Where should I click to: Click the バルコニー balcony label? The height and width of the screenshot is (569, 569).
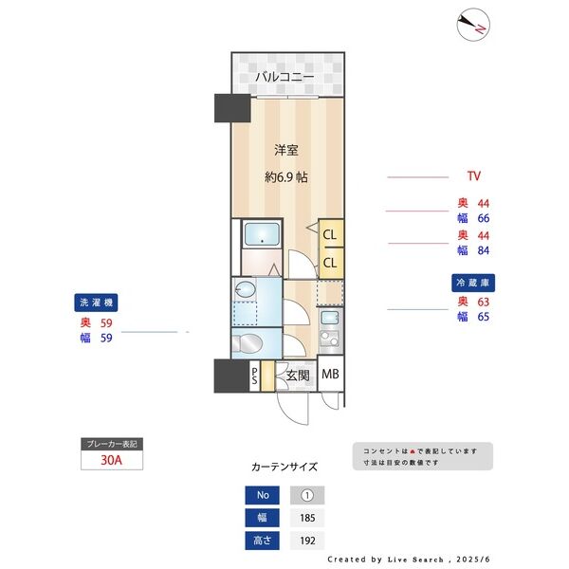pos(284,77)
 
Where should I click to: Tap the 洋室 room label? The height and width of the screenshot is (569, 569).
pos(287,150)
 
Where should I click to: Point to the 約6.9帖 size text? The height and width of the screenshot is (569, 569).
pos(284,177)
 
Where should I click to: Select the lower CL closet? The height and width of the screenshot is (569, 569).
pos(330,262)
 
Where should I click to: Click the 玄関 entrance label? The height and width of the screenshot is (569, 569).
pos(298,376)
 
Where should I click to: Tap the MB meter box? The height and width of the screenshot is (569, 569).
pos(330,375)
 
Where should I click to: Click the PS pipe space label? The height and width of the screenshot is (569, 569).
pos(254,376)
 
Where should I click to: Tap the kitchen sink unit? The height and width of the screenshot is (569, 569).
pos(330,327)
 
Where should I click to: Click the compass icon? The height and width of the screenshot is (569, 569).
pos(472,25)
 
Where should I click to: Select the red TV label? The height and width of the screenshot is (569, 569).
pos(474,176)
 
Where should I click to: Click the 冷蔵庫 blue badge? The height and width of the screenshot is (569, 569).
pos(475,283)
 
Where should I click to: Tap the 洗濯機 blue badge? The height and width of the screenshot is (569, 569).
pos(96,303)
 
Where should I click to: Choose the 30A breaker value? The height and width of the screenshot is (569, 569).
pos(111,460)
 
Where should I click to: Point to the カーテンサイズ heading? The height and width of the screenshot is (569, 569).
pos(284,468)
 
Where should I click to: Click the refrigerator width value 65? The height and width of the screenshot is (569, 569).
pos(484,317)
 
